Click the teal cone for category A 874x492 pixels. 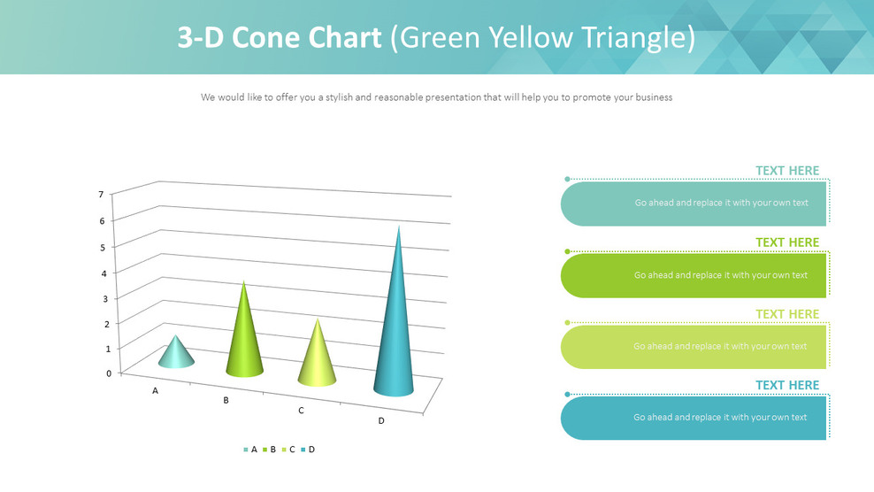click(x=177, y=354)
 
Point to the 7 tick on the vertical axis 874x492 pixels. click(x=101, y=195)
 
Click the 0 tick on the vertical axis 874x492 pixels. click(x=109, y=373)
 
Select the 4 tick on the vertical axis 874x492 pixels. click(x=103, y=273)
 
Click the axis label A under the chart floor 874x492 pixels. click(x=155, y=390)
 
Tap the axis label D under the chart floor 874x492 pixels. click(x=381, y=420)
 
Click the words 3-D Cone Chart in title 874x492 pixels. click(x=280, y=38)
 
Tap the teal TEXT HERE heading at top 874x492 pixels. click(x=786, y=171)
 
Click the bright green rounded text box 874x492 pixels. click(x=694, y=275)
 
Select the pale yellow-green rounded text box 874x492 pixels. click(x=694, y=347)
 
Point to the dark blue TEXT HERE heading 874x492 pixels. click(x=786, y=385)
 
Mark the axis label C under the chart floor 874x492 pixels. click(x=301, y=411)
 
